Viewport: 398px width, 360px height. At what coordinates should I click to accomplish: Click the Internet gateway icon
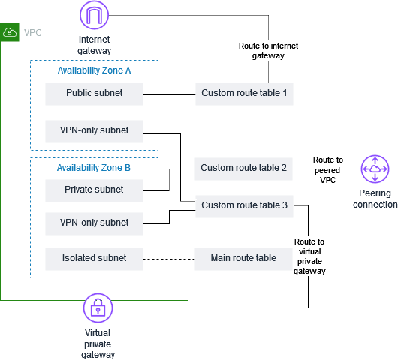(x=95, y=14)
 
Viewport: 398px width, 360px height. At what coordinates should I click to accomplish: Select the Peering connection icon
(x=373, y=169)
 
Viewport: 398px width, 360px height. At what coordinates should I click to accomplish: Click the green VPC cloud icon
(x=11, y=32)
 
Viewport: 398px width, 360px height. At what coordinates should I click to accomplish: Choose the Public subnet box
(x=94, y=94)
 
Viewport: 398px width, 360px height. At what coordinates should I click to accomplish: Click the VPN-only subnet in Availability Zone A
(x=94, y=130)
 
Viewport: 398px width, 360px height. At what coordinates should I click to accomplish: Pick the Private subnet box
(x=94, y=190)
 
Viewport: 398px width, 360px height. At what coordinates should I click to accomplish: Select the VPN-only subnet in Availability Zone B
(x=94, y=223)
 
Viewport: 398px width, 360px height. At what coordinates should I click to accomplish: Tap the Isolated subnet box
(x=94, y=258)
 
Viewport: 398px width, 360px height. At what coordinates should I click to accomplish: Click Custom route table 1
(x=244, y=94)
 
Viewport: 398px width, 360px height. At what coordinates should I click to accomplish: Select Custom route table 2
(x=244, y=168)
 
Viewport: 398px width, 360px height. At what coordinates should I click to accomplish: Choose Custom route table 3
(x=244, y=205)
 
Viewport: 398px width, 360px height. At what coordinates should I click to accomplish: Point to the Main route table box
(x=244, y=258)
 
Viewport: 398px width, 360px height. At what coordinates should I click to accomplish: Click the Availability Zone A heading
(x=94, y=70)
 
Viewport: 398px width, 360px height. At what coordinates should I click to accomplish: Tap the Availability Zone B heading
(x=94, y=168)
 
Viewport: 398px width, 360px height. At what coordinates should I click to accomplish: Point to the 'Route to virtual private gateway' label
(x=309, y=256)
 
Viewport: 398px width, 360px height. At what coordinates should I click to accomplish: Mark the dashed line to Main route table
(x=169, y=258)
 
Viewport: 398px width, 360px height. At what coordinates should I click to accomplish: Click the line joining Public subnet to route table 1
(x=169, y=94)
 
